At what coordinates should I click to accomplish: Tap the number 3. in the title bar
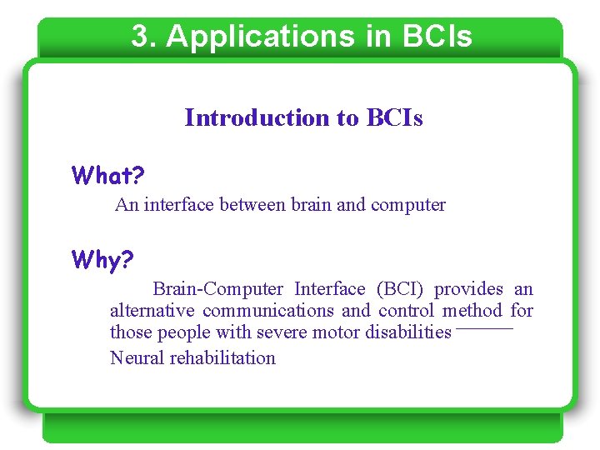click(x=143, y=37)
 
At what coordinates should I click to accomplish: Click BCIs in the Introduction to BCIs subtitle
click(x=394, y=118)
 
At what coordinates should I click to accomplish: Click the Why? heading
click(x=102, y=260)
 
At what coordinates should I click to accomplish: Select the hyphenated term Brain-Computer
click(x=218, y=289)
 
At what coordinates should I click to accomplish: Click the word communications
click(x=267, y=311)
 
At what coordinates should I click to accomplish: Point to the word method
click(x=472, y=311)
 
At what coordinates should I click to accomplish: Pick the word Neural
click(x=137, y=358)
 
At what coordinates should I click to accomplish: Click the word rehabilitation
click(x=222, y=358)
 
